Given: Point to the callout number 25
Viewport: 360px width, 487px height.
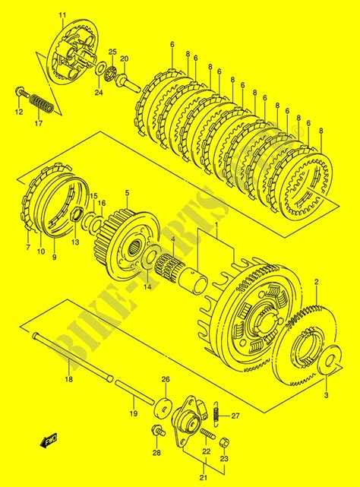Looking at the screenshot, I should coord(112,52).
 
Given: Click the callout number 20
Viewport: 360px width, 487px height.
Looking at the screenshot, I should coord(125,59).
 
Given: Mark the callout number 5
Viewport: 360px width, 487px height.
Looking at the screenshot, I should coord(126,194).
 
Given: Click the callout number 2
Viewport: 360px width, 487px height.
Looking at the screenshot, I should coord(317,282).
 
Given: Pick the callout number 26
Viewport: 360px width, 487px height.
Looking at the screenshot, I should coord(165,379).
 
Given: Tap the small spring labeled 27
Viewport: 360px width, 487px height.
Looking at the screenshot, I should coord(217,413).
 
